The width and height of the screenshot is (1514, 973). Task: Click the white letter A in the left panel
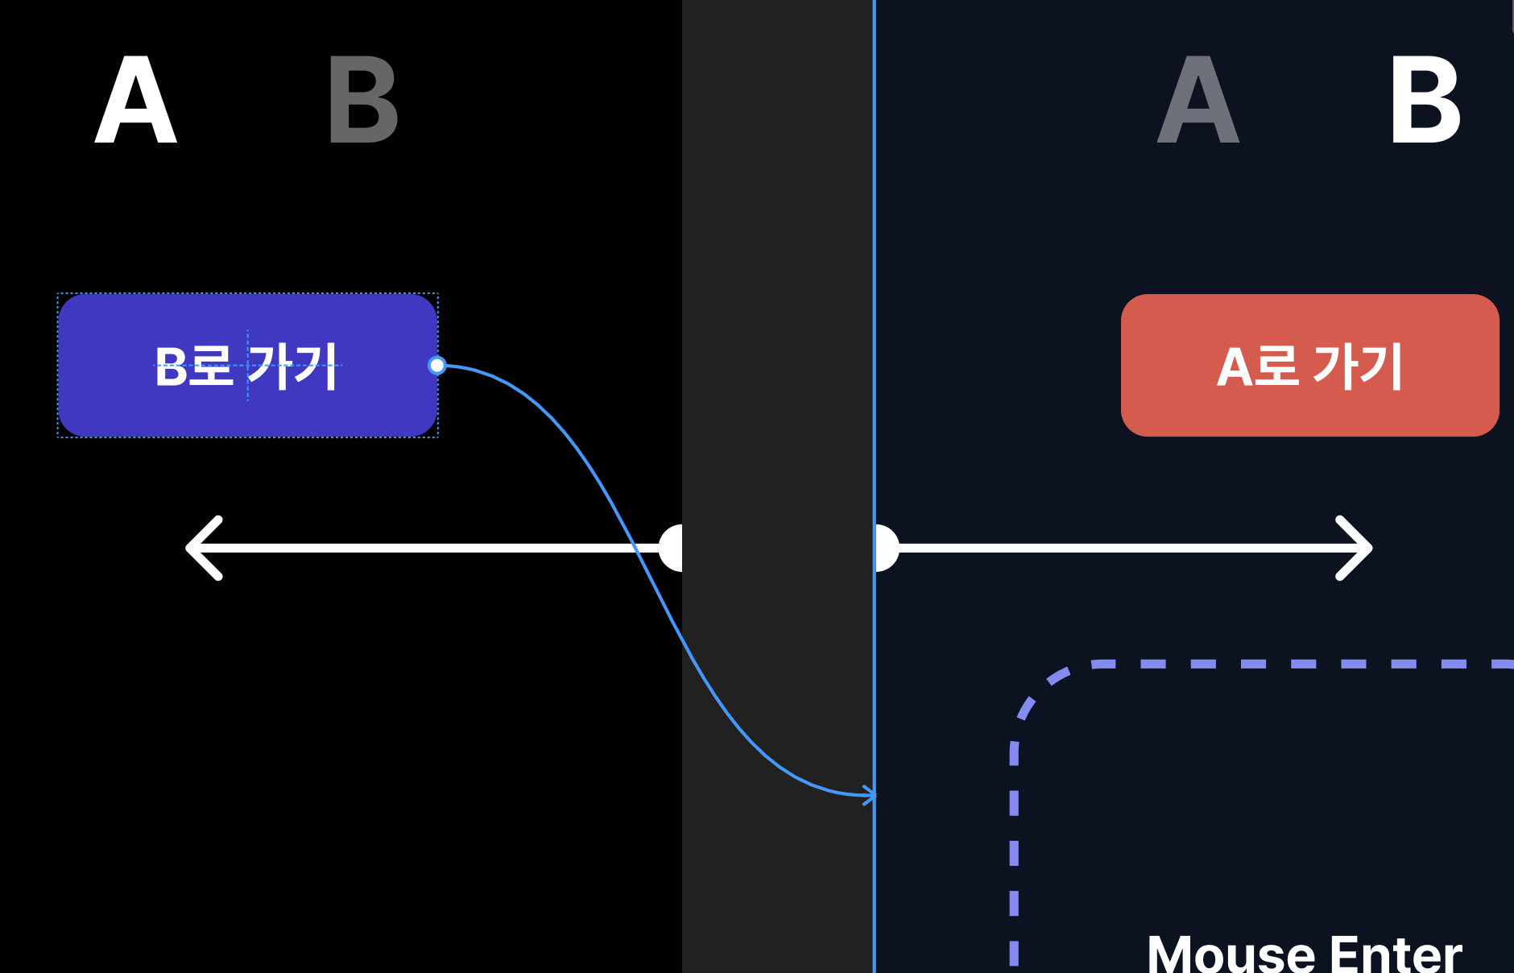pos(135,101)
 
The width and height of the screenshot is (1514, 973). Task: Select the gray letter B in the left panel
pos(363,101)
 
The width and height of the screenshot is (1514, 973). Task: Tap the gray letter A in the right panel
pos(1198,101)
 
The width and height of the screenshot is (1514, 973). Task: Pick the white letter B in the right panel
pos(1425,101)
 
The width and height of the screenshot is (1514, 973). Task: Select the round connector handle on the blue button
pos(436,366)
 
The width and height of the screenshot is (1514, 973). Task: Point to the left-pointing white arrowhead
pos(202,548)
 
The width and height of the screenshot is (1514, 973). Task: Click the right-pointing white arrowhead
pos(1355,548)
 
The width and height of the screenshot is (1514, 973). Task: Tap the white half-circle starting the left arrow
pos(671,548)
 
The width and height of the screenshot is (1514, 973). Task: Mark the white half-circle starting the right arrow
pos(886,548)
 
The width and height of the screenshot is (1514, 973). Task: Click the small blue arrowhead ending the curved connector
pos(869,795)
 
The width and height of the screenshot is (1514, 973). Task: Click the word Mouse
pos(1231,955)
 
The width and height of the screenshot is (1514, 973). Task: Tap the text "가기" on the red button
pos(1358,366)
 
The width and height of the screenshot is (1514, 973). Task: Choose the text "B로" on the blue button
pos(193,366)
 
